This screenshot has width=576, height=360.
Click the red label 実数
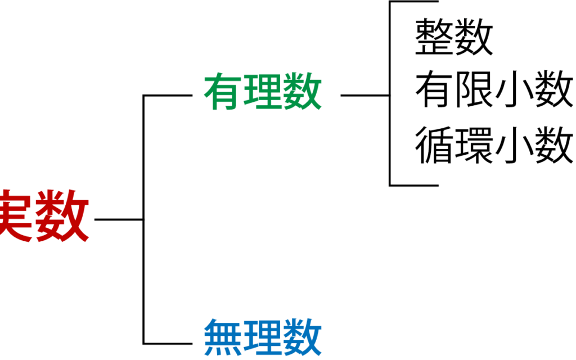pyautogui.click(x=44, y=215)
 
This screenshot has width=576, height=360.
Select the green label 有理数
pyautogui.click(x=263, y=92)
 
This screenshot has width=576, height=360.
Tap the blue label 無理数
pyautogui.click(x=263, y=337)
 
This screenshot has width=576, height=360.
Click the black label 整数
pyautogui.click(x=454, y=37)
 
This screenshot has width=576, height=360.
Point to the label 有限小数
pyautogui.click(x=494, y=89)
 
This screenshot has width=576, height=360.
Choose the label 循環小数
pyautogui.click(x=494, y=145)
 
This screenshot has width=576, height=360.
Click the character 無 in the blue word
pyautogui.click(x=223, y=337)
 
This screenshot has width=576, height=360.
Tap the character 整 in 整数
pyautogui.click(x=434, y=37)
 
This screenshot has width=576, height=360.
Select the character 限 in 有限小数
pyautogui.click(x=474, y=89)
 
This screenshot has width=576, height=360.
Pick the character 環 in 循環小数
pyautogui.click(x=474, y=145)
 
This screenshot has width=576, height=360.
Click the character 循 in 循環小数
pyautogui.click(x=434, y=145)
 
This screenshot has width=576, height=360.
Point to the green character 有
pyautogui.click(x=223, y=92)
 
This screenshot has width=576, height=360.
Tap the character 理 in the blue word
pyautogui.click(x=263, y=337)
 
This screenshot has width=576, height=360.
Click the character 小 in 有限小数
pyautogui.click(x=514, y=89)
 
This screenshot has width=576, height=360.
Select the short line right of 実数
pyautogui.click(x=119, y=220)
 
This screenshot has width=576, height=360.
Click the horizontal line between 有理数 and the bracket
pyautogui.click(x=364, y=96)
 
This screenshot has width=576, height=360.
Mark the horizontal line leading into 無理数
pyautogui.click(x=168, y=344)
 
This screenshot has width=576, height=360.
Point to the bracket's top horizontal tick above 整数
pyautogui.click(x=414, y=2)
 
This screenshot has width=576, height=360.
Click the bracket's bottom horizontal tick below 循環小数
pyautogui.click(x=414, y=185)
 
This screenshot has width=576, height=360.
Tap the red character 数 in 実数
pyautogui.click(x=62, y=215)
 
